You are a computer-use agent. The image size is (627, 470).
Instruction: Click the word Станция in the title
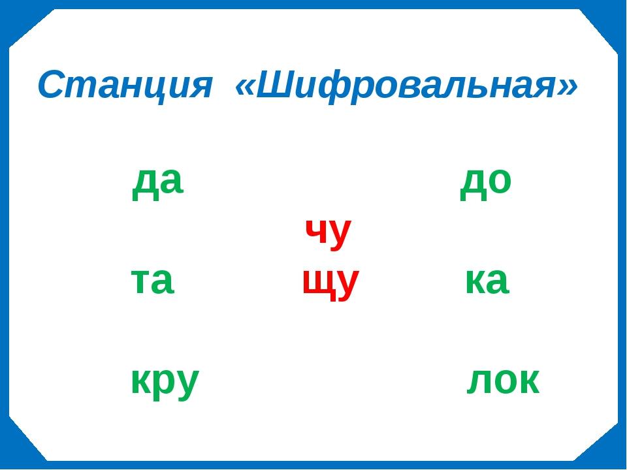[x=124, y=86]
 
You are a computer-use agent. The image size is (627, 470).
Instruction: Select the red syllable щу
[x=330, y=284]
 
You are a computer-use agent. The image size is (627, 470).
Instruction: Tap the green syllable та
[x=152, y=281]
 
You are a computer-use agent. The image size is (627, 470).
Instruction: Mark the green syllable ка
[x=487, y=281]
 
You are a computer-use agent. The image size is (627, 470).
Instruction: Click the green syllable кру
[x=165, y=383]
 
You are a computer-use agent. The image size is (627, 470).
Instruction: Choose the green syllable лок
[x=503, y=381]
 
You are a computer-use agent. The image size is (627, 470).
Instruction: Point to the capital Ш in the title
[x=276, y=85]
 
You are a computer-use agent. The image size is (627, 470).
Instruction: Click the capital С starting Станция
[x=52, y=85]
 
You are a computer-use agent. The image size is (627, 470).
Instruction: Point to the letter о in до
[x=500, y=181]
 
